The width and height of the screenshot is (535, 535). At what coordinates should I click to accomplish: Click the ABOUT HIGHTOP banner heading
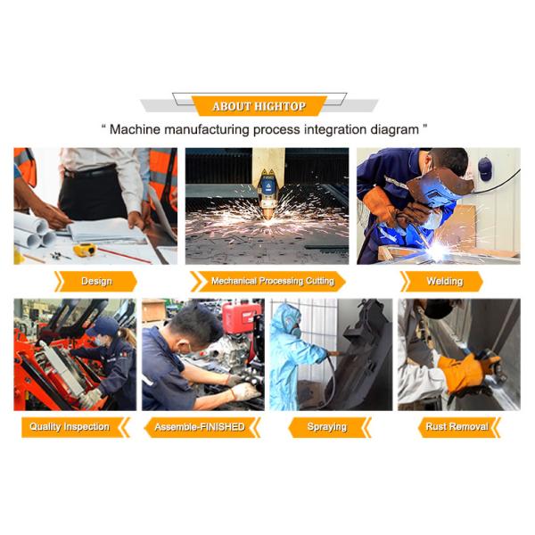click(259, 106)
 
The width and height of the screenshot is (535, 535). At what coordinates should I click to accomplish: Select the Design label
click(96, 281)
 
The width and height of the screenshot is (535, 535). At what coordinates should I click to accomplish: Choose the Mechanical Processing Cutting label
click(273, 281)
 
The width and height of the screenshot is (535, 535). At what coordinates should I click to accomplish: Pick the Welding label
click(445, 281)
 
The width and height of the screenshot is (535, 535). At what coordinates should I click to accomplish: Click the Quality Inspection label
click(70, 426)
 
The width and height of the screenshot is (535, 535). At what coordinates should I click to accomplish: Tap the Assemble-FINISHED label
click(200, 427)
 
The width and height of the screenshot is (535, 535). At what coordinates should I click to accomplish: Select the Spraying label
click(327, 427)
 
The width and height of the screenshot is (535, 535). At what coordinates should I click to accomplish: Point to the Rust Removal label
click(457, 426)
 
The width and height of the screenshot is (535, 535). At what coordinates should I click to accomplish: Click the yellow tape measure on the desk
click(85, 250)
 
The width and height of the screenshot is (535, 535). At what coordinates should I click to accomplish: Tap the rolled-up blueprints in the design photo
click(34, 230)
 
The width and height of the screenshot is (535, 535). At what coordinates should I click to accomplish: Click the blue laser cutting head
click(268, 185)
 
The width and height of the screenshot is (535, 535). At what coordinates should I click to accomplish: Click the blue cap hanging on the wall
click(485, 169)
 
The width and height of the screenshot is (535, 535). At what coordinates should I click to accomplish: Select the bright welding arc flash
click(438, 251)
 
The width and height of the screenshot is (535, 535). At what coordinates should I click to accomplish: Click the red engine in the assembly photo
click(241, 318)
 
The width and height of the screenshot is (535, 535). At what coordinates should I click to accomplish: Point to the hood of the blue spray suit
click(285, 316)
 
